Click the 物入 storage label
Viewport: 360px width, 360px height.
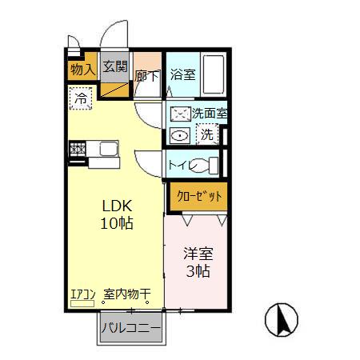tap(82, 69)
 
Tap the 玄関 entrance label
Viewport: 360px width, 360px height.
tap(114, 67)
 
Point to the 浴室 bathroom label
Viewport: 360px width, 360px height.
tap(182, 75)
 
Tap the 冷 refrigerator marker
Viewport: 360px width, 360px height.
tap(82, 98)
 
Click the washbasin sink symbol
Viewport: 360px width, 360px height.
tap(180, 136)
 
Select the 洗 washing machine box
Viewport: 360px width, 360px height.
tap(207, 134)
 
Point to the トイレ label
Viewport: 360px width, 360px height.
tap(179, 165)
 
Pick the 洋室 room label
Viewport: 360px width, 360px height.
tap(198, 254)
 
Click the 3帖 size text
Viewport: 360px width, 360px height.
tap(198, 271)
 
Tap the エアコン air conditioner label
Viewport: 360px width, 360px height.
tap(83, 294)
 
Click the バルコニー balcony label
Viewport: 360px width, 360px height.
tap(131, 328)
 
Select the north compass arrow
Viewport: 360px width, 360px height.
tap(281, 320)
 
